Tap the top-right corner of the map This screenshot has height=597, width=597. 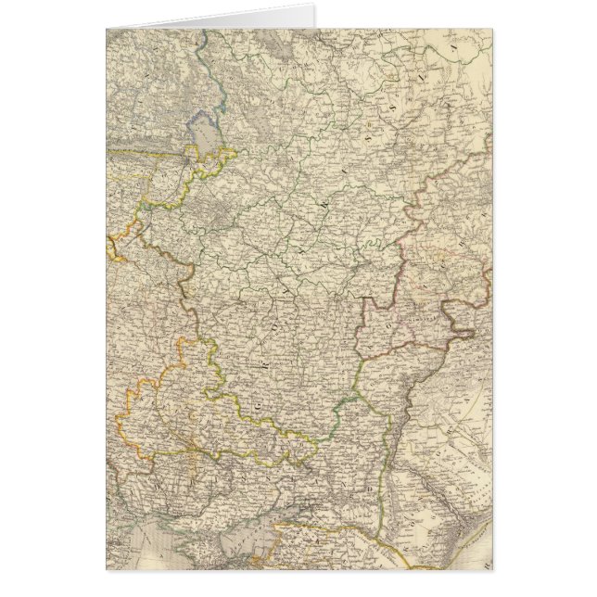[491, 30]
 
